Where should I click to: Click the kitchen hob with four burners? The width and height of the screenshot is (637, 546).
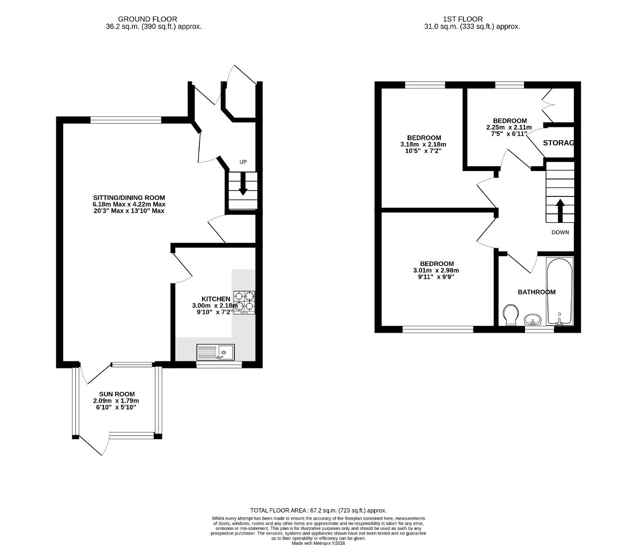pos(244,302)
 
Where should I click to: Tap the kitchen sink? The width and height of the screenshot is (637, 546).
pos(215,352)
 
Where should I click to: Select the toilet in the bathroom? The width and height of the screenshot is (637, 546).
pos(511,315)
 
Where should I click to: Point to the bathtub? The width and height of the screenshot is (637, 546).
pos(560,291)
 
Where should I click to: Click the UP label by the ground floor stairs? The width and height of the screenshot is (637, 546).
pos(243,162)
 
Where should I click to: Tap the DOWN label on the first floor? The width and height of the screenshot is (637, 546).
pos(560,232)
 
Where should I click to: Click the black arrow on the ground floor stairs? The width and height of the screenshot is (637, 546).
pos(243,183)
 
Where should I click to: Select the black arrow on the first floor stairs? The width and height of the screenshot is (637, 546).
pos(560,211)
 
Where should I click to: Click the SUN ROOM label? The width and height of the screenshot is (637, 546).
pos(117,394)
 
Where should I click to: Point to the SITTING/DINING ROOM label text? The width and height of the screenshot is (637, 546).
pos(129,198)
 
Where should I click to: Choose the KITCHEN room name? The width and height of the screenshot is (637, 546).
pos(215,299)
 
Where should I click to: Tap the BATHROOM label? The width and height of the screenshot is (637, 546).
pos(536,292)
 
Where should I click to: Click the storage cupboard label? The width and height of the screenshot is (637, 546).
pos(558,143)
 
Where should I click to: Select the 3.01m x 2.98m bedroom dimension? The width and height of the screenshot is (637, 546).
pos(436,271)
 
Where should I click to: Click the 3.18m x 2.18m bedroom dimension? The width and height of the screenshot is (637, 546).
pos(423,144)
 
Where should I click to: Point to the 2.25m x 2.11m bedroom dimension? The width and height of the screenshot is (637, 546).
pos(509,127)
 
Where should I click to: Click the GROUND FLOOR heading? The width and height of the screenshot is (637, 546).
pos(148,19)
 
